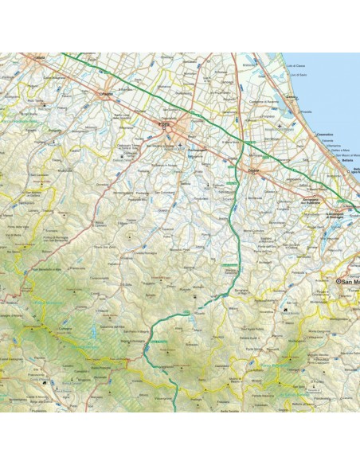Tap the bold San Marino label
[x=350, y=280]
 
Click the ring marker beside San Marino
[x=338, y=280]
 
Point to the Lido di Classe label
[x=296, y=63]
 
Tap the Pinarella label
[x=303, y=111]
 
